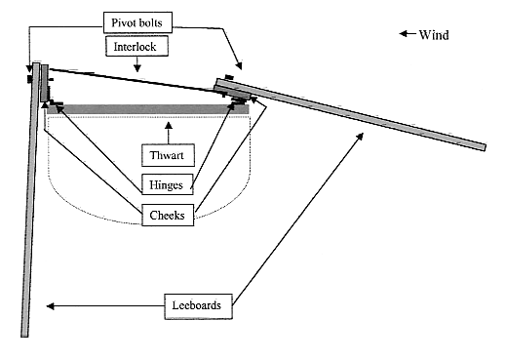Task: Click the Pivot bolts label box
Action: [x=137, y=22]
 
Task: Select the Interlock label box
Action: [x=136, y=46]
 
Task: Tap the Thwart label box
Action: [x=168, y=155]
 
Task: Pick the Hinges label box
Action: [x=168, y=184]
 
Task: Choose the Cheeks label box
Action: [x=168, y=215]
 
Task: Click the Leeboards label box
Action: [x=198, y=306]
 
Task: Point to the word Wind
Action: [x=434, y=35]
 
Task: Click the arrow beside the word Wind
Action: [x=408, y=33]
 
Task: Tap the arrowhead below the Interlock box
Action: [x=137, y=67]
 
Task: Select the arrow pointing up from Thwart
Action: [x=169, y=133]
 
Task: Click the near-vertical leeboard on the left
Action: [x=30, y=200]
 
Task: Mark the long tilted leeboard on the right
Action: [x=350, y=114]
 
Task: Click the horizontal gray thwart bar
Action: [x=148, y=109]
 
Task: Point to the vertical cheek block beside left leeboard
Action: [x=45, y=83]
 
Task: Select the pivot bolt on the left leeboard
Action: [x=29, y=79]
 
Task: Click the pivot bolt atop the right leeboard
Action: [x=229, y=77]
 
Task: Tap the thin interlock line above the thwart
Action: [x=136, y=82]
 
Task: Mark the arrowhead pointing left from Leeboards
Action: [x=50, y=306]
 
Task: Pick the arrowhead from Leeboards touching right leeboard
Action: [x=360, y=137]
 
